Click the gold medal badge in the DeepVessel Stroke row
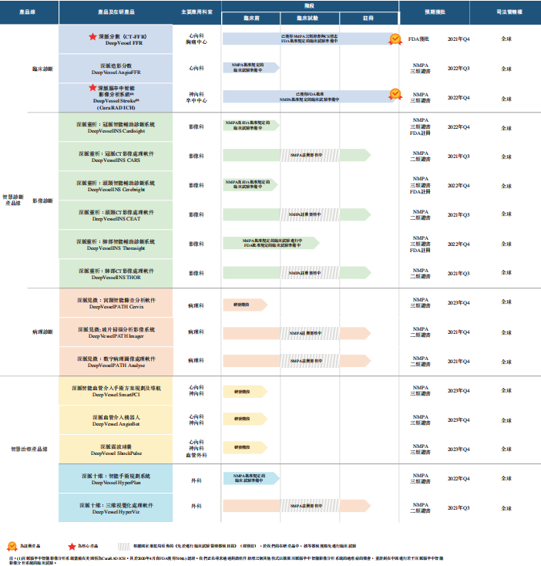coord(394,94)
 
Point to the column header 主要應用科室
coord(195,14)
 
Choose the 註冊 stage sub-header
coord(369,17)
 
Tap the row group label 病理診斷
coord(43,332)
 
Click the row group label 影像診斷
coord(43,200)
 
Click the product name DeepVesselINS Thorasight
coord(117,248)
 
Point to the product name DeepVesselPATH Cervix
coord(117,306)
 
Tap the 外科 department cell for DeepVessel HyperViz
coord(197,507)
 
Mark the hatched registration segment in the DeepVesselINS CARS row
coord(310,157)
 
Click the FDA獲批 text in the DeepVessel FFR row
coord(418,39)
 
